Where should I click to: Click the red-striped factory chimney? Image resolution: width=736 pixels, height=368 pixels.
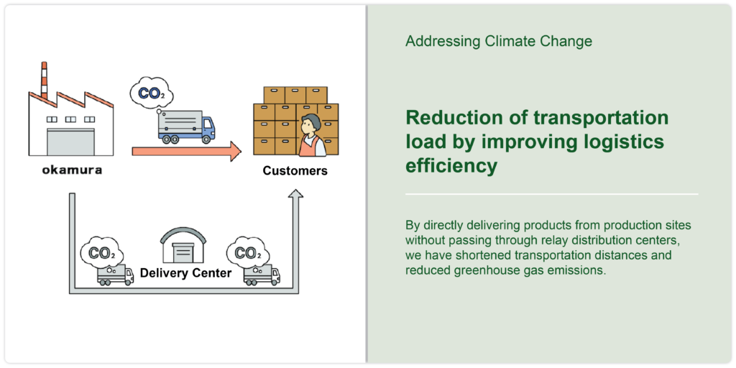coord(44,80)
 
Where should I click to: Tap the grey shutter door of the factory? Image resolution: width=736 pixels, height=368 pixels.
coord(70,142)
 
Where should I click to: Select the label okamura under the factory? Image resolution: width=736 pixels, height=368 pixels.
coord(72,170)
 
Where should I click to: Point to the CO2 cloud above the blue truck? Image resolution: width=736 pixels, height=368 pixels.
coord(149,93)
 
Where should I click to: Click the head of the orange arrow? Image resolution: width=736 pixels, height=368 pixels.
coord(235,151)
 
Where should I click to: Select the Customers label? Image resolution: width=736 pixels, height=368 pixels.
coord(295,170)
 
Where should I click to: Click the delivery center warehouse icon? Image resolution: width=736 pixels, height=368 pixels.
coord(183,247)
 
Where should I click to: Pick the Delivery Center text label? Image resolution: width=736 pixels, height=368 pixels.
coord(186,272)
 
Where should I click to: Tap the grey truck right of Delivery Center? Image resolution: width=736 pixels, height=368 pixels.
coord(262,275)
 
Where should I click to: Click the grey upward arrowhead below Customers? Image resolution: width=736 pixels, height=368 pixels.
coord(295,193)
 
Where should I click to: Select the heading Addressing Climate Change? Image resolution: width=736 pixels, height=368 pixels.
coord(499,41)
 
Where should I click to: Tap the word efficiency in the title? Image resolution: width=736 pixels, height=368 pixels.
coord(451,165)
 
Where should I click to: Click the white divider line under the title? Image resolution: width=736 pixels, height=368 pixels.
coord(551,194)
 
